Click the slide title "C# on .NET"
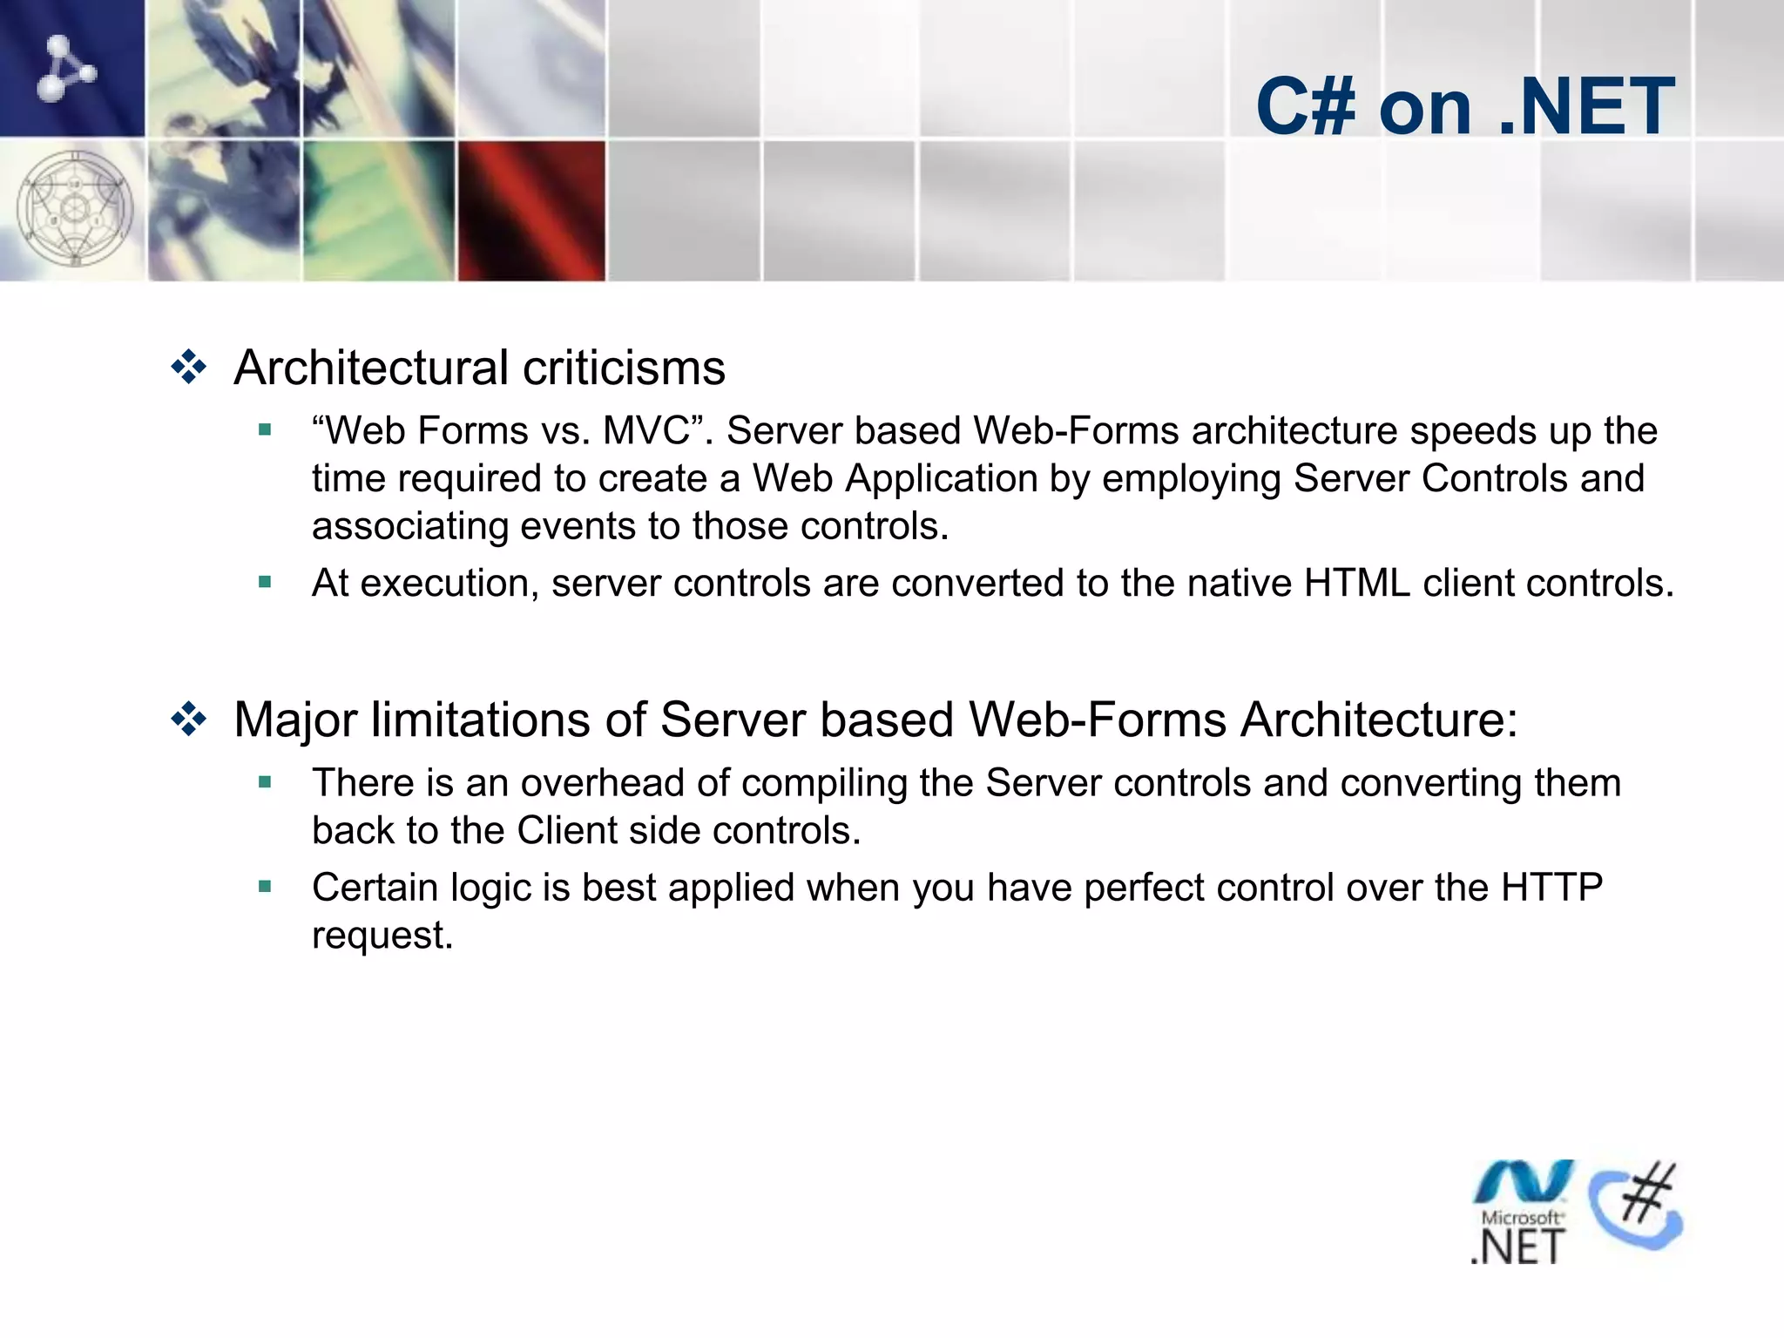1464,106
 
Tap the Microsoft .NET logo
1521,1213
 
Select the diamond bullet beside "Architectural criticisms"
188,368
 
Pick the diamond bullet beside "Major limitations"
188,720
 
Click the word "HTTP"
1551,887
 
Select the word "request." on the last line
382,936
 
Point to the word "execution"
449,583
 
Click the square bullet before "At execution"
266,581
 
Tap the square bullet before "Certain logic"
266,887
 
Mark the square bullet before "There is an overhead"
266,782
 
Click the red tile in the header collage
531,209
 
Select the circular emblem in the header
75,209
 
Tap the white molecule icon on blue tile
66,68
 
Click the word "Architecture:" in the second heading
1379,720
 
